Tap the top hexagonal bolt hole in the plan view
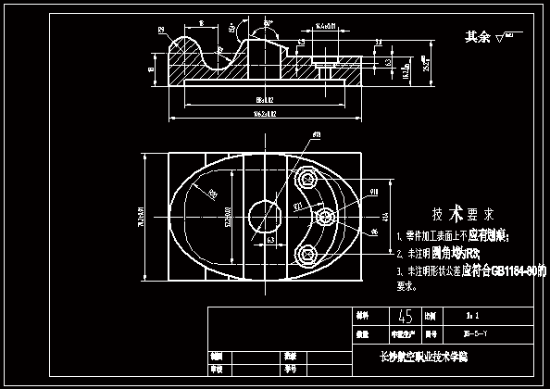(x=306, y=178)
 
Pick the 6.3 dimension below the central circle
(x=270, y=239)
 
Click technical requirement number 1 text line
(x=456, y=237)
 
